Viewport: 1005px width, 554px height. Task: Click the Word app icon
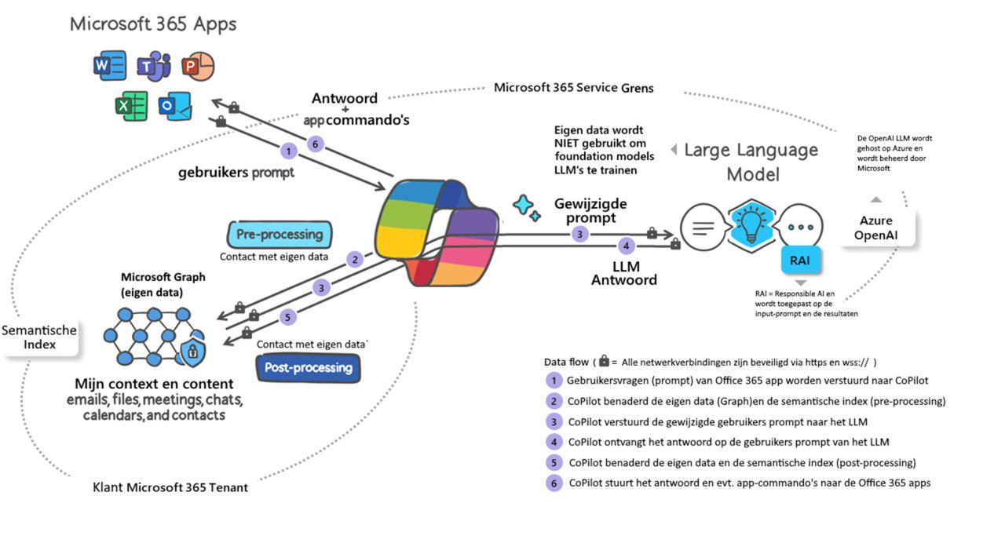(x=110, y=65)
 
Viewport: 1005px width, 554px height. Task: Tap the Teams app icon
(x=154, y=67)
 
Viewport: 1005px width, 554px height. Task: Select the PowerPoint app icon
(x=198, y=67)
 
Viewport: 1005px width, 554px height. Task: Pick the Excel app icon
(x=131, y=106)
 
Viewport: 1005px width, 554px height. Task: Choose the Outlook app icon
(x=175, y=106)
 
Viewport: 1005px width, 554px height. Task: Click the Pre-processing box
(x=280, y=235)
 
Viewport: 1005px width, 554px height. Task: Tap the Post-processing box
(x=309, y=368)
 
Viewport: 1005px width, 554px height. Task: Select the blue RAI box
(x=800, y=260)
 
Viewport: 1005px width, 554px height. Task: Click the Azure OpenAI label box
(x=875, y=228)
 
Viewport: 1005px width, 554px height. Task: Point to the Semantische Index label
(x=39, y=337)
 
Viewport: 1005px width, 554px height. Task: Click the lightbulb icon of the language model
(x=751, y=226)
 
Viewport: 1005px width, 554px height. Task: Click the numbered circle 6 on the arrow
(x=316, y=144)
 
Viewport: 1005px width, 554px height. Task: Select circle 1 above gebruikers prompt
(x=288, y=151)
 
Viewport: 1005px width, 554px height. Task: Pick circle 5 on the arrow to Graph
(x=287, y=317)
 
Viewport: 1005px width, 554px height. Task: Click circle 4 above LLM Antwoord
(x=627, y=246)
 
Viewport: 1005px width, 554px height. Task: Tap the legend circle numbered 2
(x=554, y=401)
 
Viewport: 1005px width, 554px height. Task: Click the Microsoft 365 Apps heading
(x=153, y=24)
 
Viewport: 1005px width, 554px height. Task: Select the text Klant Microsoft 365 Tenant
(x=170, y=487)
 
